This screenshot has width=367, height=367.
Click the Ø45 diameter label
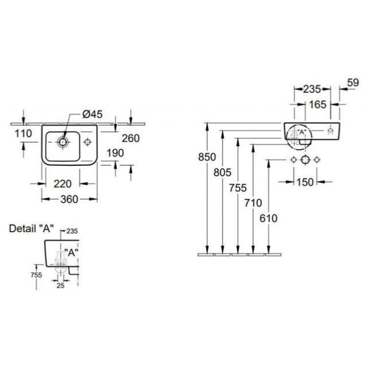[x=93, y=114]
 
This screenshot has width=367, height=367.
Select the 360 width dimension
[x=69, y=200]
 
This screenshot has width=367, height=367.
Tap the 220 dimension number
[x=63, y=184]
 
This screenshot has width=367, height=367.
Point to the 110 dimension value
[x=24, y=134]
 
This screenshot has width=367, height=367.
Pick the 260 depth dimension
[x=131, y=138]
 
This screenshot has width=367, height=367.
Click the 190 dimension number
[x=115, y=153]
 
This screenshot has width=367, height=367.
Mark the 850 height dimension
[x=207, y=157]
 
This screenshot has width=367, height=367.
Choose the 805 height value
[x=222, y=173]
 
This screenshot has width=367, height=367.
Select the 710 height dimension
[x=253, y=203]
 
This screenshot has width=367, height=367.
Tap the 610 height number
[x=268, y=218]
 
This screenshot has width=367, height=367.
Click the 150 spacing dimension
[x=305, y=182]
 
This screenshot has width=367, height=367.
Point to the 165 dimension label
[x=318, y=104]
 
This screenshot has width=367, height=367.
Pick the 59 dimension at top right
[x=353, y=83]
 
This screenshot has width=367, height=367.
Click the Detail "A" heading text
[x=32, y=228]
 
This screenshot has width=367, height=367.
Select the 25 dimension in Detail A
[x=60, y=286]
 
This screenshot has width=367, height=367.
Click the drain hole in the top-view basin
[x=63, y=142]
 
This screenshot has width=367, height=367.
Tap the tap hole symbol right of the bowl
[x=88, y=142]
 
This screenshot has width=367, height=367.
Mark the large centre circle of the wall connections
[x=306, y=160]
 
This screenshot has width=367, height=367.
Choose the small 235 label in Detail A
[x=72, y=231]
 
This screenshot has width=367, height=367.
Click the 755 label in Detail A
[x=36, y=275]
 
